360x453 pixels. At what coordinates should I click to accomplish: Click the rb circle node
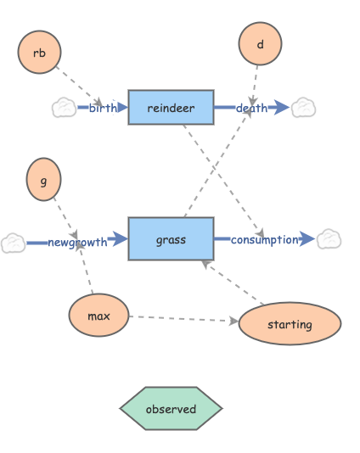[x=39, y=53]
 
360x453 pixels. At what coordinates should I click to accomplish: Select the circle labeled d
[x=260, y=43]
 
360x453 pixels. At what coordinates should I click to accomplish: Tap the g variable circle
[x=44, y=179]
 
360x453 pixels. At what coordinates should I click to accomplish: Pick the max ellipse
[x=99, y=316]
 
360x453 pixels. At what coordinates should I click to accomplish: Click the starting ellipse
[x=290, y=324]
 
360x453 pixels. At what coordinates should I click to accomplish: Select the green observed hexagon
[x=171, y=409]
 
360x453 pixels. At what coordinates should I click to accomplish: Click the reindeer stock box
[x=171, y=108]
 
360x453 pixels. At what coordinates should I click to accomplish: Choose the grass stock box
[x=171, y=239]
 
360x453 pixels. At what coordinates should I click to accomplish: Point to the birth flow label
[x=103, y=108]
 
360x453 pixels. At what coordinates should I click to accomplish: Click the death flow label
[x=251, y=108]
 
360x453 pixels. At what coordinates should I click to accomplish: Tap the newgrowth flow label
[x=77, y=243]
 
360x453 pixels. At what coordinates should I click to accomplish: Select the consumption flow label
[x=264, y=240]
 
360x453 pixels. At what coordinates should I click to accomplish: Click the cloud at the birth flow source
[x=64, y=108]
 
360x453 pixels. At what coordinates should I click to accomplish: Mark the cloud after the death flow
[x=303, y=108]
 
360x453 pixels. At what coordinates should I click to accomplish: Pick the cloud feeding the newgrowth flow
[x=13, y=243]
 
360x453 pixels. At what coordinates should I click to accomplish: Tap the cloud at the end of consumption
[x=329, y=240]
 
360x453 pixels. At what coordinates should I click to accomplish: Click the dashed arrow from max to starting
[x=183, y=319]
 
